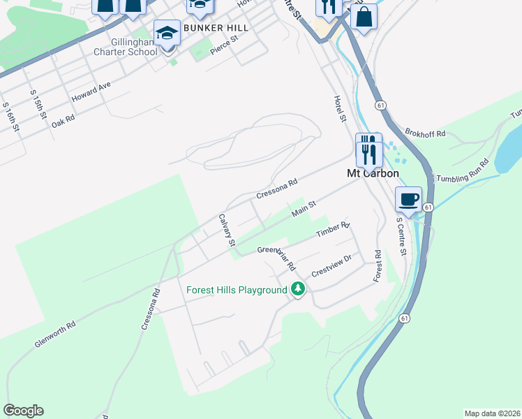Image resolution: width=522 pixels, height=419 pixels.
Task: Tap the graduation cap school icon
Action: click(167, 34)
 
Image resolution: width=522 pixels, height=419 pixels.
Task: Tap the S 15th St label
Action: click(36, 103)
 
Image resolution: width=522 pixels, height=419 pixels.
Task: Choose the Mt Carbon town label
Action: click(373, 173)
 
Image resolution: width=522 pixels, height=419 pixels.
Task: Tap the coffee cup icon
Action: click(408, 198)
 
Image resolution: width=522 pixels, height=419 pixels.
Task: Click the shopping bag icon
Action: click(364, 17)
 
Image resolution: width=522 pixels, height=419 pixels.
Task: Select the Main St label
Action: click(304, 207)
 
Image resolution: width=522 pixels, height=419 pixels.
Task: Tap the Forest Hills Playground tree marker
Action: click(298, 288)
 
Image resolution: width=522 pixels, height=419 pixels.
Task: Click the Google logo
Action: click(23, 411)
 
